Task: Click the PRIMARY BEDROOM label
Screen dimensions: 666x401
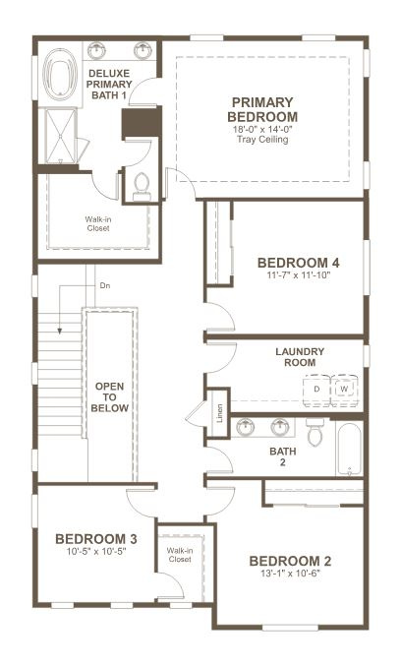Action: [x=262, y=110]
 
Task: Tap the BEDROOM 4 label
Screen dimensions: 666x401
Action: [x=298, y=263]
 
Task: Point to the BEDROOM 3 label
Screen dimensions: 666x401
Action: [x=95, y=539]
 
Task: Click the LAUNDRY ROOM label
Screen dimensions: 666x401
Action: [x=300, y=357]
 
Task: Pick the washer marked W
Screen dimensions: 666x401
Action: [x=344, y=389]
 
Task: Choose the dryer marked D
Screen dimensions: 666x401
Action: [x=317, y=389]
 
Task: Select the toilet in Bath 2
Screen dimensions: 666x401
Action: [x=315, y=432]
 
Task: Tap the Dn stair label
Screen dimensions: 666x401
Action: [x=104, y=286]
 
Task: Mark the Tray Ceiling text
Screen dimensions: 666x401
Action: [x=262, y=139]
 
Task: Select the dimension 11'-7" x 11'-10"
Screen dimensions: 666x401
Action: [x=298, y=276]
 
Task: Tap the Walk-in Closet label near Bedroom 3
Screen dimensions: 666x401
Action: [x=179, y=555]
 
